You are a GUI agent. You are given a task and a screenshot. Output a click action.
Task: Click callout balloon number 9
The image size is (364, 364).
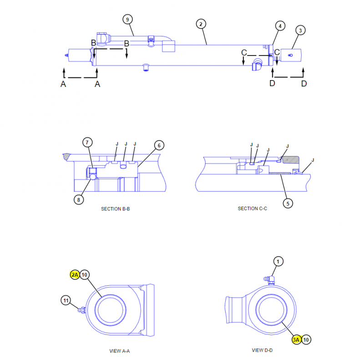click(128, 19)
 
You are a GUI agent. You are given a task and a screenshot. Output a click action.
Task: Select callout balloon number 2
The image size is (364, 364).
click(202, 23)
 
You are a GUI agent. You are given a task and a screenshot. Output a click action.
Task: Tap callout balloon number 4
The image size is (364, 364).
click(280, 26)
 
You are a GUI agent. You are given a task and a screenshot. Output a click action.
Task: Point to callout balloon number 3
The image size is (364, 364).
click(300, 30)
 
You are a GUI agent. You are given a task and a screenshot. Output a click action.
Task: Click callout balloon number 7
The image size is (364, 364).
click(87, 142)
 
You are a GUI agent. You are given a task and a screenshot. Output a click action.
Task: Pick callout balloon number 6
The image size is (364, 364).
click(159, 146)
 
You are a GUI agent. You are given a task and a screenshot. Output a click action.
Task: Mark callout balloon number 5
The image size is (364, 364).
click(288, 203)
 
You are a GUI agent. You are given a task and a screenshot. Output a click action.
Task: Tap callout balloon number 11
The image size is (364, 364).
click(66, 300)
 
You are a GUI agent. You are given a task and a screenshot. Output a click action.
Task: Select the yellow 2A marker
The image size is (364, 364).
click(75, 274)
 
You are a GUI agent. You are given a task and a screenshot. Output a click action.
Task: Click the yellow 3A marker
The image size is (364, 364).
click(297, 339)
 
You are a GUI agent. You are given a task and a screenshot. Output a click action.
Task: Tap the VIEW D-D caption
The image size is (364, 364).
click(262, 350)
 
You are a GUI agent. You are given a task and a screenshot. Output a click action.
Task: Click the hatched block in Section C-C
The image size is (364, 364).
click(290, 160)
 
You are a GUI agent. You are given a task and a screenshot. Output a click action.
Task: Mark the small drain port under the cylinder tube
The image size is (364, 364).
click(146, 67)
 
